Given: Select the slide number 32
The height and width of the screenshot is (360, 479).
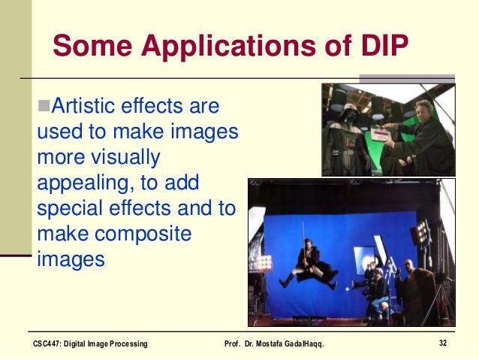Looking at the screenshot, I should (x=444, y=343).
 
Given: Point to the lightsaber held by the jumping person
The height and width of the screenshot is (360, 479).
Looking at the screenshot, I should (x=303, y=226).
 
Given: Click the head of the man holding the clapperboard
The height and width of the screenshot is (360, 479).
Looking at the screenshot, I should (x=420, y=112).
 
